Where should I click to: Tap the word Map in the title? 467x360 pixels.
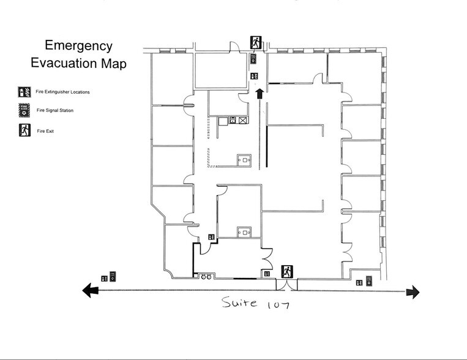pos(113,63)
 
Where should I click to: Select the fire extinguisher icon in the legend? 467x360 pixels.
pos(24,92)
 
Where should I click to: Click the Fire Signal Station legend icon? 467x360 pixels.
pos(24,111)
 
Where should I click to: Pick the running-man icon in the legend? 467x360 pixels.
pos(24,130)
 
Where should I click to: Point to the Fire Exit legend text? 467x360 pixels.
pos(46,130)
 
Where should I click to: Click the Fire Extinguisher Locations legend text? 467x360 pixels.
pos(63,92)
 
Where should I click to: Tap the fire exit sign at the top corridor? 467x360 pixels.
pos(256,42)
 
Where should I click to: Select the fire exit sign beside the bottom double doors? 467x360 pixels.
pos(287,271)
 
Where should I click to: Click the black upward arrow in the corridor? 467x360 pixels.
pos(259,93)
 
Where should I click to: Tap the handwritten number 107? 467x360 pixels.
pos(277,304)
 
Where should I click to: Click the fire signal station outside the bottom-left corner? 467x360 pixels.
pos(113,276)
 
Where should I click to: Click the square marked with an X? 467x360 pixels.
pos(243,121)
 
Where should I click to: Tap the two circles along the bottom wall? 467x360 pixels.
pos(206,276)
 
